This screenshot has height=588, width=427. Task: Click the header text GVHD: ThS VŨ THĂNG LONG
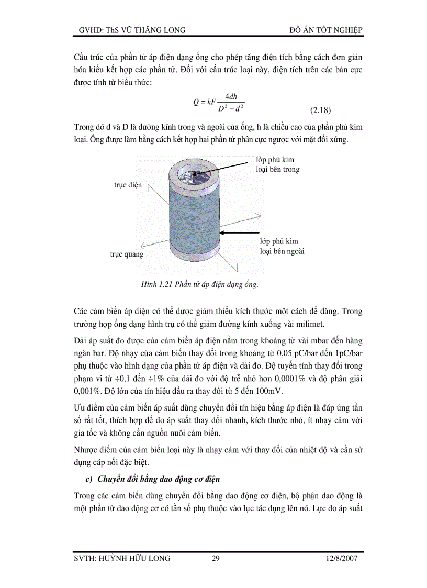point(129,30)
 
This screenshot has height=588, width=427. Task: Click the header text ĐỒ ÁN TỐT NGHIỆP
point(325,30)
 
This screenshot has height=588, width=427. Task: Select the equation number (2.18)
point(320,110)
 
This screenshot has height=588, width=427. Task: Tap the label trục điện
point(128,185)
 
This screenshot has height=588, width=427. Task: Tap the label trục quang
point(127,254)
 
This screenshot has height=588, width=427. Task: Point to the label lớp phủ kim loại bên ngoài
point(282,246)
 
